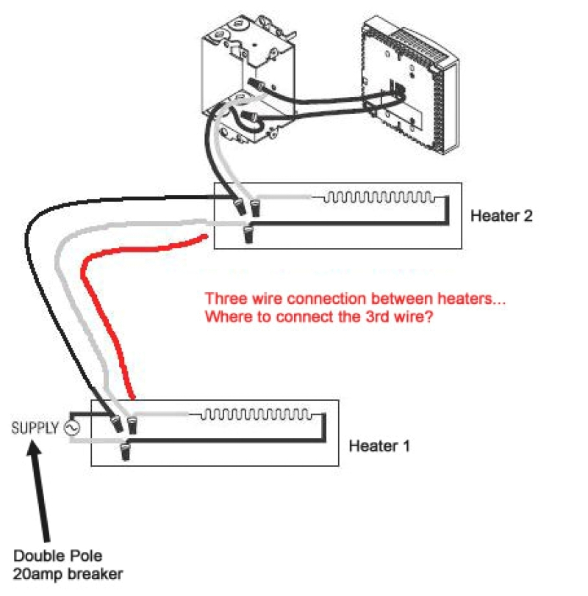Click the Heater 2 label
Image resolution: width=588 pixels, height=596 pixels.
[x=501, y=217]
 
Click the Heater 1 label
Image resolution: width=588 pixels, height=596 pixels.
[x=379, y=446]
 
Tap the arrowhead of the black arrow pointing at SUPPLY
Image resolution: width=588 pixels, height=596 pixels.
[x=34, y=450]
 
